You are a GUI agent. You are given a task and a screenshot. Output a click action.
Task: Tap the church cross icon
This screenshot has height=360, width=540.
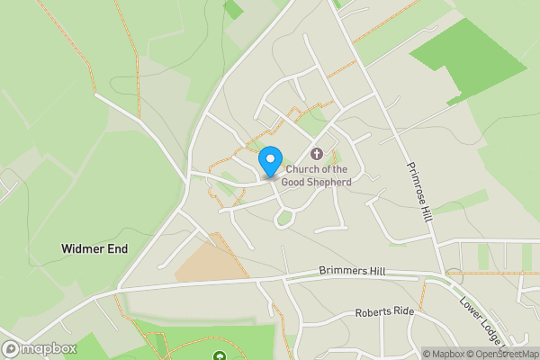tap(316, 153)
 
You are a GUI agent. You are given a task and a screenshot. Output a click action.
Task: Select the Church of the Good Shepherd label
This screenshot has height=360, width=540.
tap(316, 175)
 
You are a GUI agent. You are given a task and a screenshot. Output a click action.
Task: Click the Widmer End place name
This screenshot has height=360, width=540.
tap(94, 247)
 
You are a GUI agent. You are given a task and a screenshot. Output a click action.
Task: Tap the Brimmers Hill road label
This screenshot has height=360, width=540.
tap(352, 270)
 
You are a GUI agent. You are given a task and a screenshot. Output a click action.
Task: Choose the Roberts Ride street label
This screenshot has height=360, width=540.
tap(384, 311)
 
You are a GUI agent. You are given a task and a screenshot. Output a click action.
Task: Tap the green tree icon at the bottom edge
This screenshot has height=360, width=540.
tap(220, 356)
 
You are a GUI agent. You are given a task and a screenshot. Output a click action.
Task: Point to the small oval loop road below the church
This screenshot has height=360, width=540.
tap(285, 218)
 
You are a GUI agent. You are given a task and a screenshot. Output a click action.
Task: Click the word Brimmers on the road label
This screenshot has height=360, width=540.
tap(341, 270)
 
